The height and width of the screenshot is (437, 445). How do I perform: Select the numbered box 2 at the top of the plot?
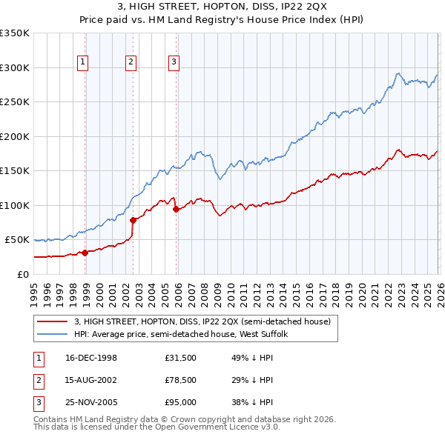click(130, 62)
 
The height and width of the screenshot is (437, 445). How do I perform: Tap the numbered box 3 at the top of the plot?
click(173, 62)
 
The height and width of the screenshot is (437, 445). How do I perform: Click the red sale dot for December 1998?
click(85, 253)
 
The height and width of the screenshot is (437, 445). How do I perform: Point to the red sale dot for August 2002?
click(133, 219)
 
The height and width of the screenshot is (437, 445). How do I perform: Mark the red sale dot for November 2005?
click(176, 209)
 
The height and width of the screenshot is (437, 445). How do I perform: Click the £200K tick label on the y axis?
click(14, 136)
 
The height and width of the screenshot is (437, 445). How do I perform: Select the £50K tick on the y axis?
click(17, 240)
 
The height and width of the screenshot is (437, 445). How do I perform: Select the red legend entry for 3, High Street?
click(206, 321)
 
